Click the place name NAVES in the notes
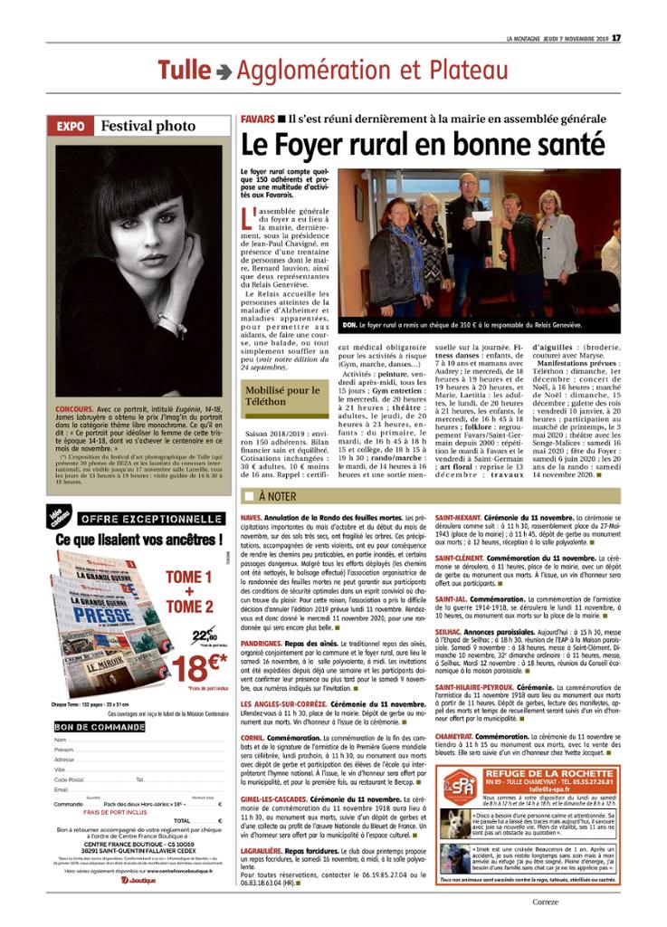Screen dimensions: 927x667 [x=253, y=517]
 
